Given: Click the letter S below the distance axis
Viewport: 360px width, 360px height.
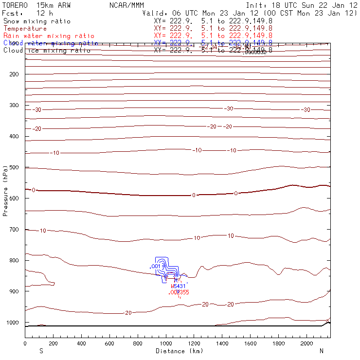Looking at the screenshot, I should (41, 351).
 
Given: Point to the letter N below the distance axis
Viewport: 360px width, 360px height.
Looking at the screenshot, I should (322, 351).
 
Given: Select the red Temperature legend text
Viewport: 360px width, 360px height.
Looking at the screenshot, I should (25, 29).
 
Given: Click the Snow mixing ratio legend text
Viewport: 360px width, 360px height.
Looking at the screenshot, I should (36, 21).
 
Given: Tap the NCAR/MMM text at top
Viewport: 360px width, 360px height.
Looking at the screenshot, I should (127, 5).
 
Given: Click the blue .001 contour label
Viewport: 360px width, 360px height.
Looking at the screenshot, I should (155, 267).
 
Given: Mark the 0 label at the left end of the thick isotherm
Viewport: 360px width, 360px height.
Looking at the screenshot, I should (33, 190).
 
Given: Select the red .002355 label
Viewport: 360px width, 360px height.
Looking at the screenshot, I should (179, 292).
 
